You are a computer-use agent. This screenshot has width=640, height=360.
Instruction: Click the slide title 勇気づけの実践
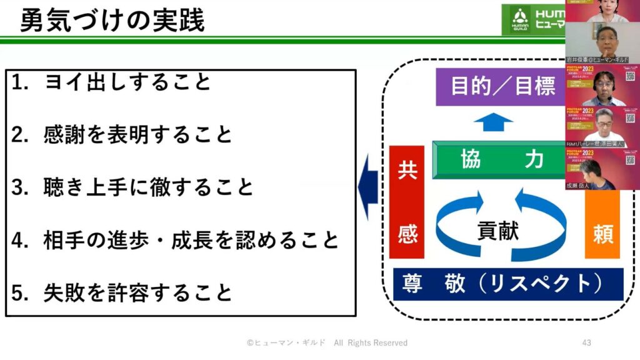[x=112, y=21]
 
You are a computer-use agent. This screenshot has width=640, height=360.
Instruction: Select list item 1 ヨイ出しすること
[x=128, y=82]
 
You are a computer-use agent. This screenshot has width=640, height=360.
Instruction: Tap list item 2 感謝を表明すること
[x=138, y=134]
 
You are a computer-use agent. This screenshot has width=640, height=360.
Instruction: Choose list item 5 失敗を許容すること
[x=138, y=292]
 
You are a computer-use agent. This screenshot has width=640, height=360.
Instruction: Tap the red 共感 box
[x=406, y=201]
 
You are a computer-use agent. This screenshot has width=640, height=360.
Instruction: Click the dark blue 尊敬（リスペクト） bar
[x=508, y=284]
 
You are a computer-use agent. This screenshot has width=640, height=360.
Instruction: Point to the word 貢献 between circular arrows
[x=499, y=230]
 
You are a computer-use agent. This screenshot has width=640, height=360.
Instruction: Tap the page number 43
[x=586, y=342]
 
